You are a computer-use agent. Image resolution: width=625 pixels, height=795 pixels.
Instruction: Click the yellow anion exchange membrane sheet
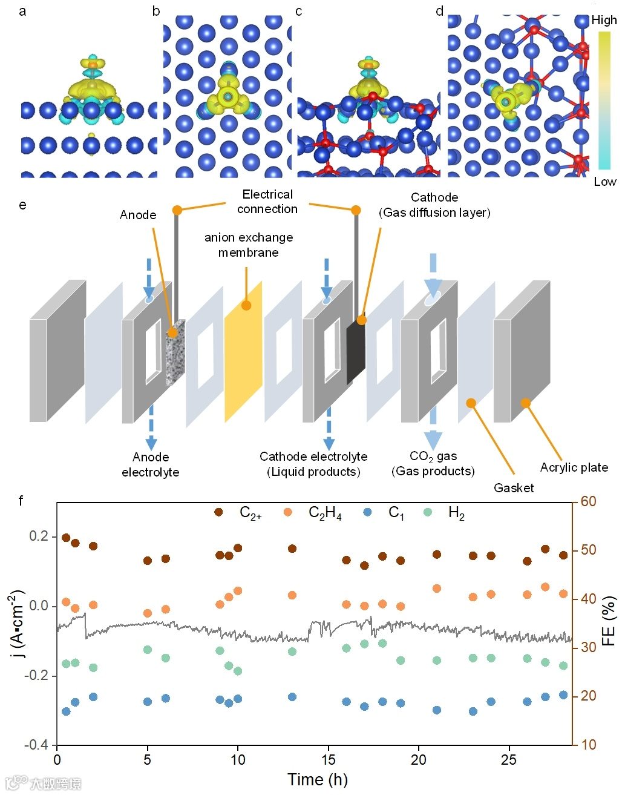pos(243,351)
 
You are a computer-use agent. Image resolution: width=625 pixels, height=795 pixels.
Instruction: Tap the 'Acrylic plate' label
pos(574,467)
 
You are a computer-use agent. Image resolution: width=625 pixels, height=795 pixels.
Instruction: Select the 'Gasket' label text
pos(514,488)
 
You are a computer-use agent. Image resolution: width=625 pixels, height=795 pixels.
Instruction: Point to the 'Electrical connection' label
pos(267,202)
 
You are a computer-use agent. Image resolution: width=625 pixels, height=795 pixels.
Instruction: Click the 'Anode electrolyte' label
pos(151,464)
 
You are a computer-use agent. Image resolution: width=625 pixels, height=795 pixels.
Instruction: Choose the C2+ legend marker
pos(219,512)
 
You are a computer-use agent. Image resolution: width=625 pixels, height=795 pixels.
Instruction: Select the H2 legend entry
pos(456,513)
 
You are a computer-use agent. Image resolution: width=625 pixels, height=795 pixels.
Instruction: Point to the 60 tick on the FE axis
pos(589,501)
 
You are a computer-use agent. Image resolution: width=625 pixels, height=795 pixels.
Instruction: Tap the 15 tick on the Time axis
pos(329,760)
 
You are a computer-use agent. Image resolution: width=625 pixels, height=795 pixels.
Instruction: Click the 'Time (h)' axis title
pos(318,780)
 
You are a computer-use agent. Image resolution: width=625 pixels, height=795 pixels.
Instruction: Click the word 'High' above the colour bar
pos(604,20)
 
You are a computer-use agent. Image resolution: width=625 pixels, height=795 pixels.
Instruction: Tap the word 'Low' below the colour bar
pos(604,182)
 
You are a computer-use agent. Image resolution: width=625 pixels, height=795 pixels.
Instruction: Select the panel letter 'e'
pos(22,205)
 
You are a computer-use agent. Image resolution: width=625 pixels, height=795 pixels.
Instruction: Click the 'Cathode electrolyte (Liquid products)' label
pos(313,464)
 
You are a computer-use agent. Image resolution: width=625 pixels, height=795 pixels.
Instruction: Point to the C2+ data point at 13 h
pos(292,549)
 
